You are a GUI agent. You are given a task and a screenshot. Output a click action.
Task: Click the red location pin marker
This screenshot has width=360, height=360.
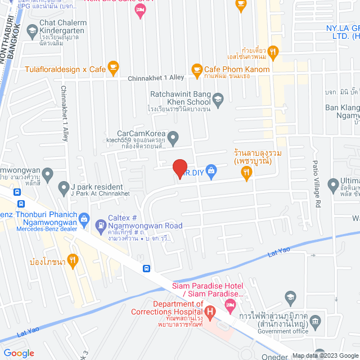[x=179, y=168]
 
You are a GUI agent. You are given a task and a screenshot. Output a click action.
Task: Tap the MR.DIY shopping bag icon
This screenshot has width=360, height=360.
[x=211, y=169]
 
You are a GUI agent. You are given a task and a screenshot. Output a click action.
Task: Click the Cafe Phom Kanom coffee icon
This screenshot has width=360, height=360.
[x=197, y=70]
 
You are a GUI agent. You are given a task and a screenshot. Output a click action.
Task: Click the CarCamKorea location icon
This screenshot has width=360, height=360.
[x=174, y=137]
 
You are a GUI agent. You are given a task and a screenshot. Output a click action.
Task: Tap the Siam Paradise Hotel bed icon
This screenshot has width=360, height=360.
[x=230, y=305]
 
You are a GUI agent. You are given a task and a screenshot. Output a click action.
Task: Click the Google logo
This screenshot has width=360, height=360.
[x=19, y=353]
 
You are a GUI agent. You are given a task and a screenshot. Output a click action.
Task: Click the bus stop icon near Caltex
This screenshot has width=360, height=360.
[x=147, y=268]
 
